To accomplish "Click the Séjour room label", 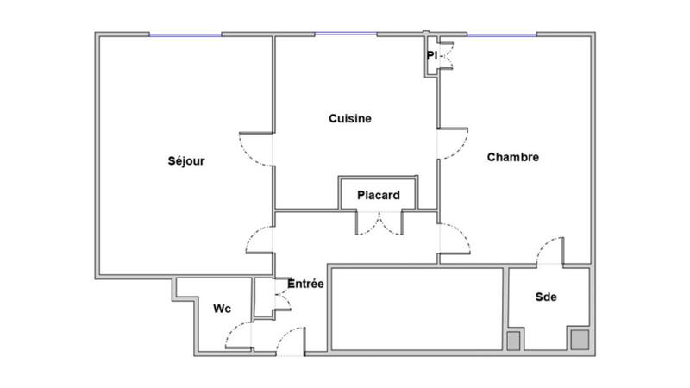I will (x=186, y=160).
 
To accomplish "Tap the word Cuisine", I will (x=350, y=119).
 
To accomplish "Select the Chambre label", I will (x=513, y=157).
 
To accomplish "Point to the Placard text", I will (x=379, y=196).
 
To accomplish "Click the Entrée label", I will (x=305, y=284).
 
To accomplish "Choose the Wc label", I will (x=221, y=307).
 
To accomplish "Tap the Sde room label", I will (x=546, y=297).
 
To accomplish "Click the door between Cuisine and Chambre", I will (x=453, y=143).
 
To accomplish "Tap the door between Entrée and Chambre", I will (x=454, y=239).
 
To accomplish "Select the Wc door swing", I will (x=239, y=337).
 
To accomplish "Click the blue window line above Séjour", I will (x=185, y=34).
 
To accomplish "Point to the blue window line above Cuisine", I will (x=346, y=34).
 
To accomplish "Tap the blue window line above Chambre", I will (x=502, y=34).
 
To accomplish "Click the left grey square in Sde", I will (x=513, y=341).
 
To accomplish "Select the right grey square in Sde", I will (x=576, y=339).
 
